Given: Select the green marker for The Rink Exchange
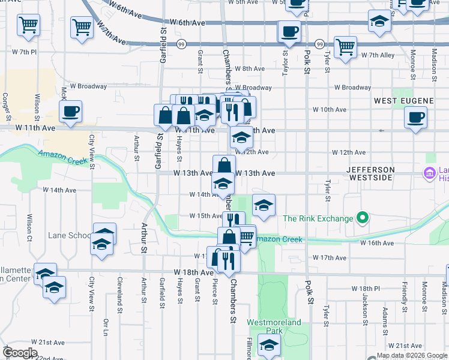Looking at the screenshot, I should click(362, 218).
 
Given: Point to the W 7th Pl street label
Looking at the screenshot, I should click(25, 52).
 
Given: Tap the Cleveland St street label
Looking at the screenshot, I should click(120, 295).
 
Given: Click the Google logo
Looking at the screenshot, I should click(19, 352).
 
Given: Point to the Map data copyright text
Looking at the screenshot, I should click(412, 355).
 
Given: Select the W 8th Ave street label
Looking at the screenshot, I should click(250, 69).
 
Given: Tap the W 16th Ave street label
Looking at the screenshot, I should click(376, 243).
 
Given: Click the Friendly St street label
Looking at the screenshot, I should click(405, 294).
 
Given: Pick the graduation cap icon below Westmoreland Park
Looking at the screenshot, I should click(268, 345).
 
